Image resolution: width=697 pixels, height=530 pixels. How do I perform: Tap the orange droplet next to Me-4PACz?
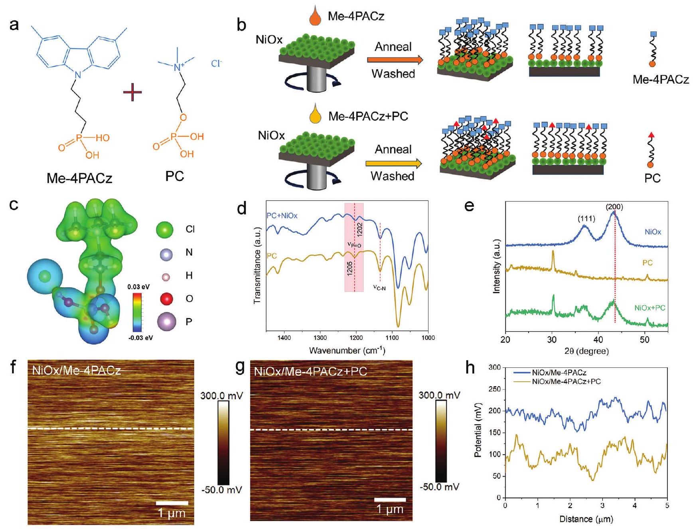315,18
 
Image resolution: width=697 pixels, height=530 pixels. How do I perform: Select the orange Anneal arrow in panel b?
394,60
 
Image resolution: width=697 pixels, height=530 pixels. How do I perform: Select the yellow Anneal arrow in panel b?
393,163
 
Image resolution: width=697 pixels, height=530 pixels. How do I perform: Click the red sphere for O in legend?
166,298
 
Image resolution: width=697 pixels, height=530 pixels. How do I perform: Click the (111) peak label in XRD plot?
586,218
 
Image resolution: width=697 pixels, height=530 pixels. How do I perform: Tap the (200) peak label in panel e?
614,207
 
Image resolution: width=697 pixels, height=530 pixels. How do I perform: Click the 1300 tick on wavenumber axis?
320,338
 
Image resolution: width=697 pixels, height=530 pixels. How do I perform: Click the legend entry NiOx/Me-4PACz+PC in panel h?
566,382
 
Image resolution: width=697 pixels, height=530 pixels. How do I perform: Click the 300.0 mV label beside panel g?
439,395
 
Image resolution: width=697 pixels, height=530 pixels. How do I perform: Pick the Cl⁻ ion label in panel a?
216,64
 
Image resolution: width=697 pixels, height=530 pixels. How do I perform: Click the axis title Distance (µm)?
586,519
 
